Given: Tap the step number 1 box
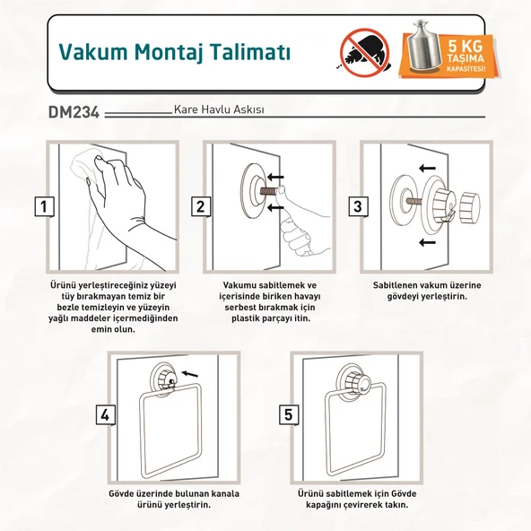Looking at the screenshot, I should [x=43, y=206].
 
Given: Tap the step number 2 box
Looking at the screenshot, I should [x=200, y=206].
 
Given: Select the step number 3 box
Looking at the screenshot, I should [x=358, y=206].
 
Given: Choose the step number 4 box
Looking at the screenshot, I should [x=106, y=414].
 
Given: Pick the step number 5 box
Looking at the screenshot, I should [x=289, y=414].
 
